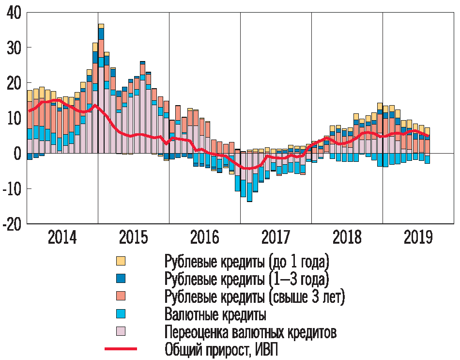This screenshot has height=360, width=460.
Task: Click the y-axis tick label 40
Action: point(14,13)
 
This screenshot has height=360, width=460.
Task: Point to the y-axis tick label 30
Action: point(14,48)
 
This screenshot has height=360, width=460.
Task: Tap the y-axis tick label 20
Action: point(14,83)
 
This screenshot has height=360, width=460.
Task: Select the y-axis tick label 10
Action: point(14,118)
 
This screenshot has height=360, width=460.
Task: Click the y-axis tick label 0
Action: point(18,154)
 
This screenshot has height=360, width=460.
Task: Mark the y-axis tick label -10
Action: point(12,189)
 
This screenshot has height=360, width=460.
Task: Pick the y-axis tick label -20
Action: point(12,224)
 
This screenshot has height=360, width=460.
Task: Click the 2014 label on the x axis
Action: point(62,238)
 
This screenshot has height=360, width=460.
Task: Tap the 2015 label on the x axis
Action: point(133,238)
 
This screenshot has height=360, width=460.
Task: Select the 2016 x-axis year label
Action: point(204,238)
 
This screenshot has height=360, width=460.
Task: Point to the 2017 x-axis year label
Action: point(276,238)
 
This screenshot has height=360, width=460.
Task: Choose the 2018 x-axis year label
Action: point(347,238)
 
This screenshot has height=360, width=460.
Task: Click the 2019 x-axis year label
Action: point(418,238)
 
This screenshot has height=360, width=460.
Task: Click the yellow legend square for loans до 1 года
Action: point(121,262)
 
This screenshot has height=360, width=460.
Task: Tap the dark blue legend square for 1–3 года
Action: point(121,279)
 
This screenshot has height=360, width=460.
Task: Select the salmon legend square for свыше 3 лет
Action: point(121,296)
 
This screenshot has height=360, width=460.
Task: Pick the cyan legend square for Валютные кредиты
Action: point(121,314)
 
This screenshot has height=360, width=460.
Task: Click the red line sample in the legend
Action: point(121,349)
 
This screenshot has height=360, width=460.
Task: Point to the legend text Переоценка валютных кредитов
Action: point(250,332)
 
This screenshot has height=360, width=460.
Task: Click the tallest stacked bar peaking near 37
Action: point(101,87)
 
